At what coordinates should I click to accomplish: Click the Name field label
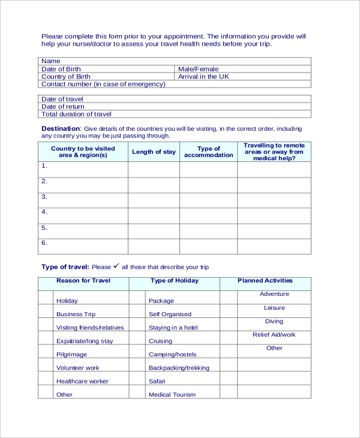click(51, 61)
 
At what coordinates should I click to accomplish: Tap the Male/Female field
click(199, 69)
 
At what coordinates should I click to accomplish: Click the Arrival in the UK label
click(203, 77)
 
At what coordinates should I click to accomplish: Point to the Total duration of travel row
click(76, 114)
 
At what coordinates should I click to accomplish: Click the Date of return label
click(63, 107)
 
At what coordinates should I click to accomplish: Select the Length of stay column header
click(154, 152)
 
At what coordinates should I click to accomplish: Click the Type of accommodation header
click(208, 152)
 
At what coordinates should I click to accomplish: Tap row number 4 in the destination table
click(44, 212)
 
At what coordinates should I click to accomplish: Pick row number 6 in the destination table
click(44, 243)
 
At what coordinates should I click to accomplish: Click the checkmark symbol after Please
click(116, 266)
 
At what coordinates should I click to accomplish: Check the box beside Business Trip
click(46, 311)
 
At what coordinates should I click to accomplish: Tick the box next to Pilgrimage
click(46, 352)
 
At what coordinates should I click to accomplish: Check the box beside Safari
click(137, 379)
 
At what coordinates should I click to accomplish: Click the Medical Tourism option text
click(172, 395)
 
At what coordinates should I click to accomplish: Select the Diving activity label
click(274, 322)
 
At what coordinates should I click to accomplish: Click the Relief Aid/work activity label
click(274, 335)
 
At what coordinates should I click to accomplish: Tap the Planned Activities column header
click(265, 280)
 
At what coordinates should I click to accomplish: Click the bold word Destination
click(60, 128)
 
